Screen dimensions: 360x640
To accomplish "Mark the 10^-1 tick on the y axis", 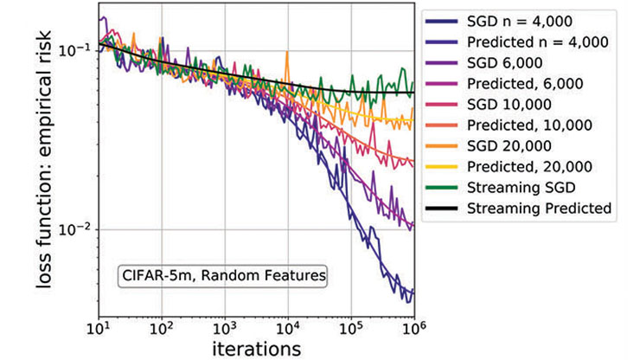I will [74, 50].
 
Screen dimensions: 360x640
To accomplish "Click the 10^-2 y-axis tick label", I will [74, 229].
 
